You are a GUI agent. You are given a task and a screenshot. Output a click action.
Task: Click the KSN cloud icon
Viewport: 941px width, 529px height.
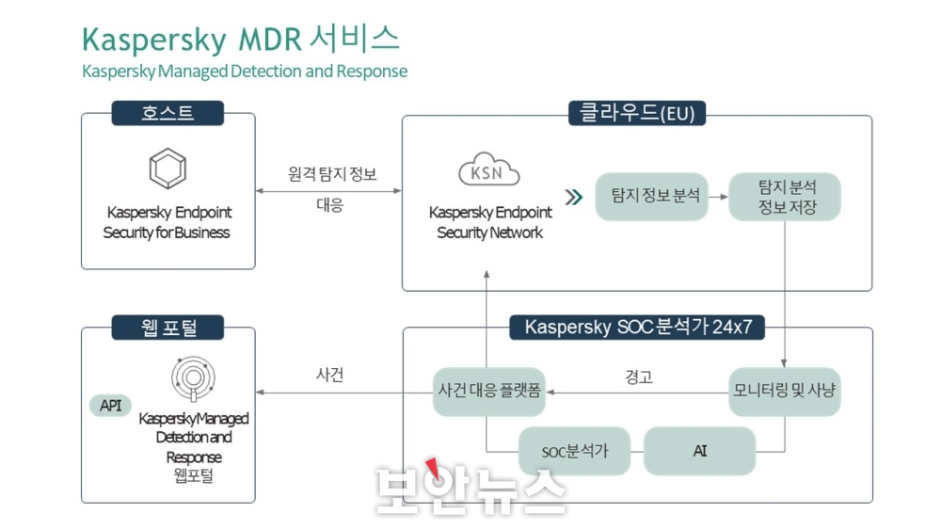point(489,169)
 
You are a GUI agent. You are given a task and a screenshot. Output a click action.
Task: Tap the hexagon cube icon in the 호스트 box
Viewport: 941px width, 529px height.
point(167,168)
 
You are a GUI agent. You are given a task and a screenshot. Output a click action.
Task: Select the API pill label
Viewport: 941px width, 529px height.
point(110,406)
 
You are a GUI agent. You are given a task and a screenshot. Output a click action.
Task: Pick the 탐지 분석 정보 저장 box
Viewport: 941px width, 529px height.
point(785,197)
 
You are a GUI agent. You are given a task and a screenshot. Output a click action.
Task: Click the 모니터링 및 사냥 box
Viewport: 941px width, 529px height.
point(785,392)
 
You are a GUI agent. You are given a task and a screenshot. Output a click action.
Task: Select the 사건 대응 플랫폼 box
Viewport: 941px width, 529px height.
point(489,392)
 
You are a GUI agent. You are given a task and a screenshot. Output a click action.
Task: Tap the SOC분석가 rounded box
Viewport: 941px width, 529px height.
point(574,451)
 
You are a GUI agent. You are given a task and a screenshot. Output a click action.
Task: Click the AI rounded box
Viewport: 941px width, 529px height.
point(700,451)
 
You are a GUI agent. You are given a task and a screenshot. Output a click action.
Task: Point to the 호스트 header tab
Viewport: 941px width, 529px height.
point(167,113)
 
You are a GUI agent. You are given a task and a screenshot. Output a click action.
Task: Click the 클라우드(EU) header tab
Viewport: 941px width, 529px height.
point(637,113)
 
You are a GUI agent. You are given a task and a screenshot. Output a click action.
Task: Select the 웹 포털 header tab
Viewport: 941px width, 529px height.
point(167,328)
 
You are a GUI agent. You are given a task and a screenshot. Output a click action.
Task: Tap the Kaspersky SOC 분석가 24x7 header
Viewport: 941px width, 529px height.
point(637,328)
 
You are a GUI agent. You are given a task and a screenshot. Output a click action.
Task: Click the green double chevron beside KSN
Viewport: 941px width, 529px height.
point(574,197)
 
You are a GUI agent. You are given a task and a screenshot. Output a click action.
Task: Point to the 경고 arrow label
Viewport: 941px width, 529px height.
point(639,377)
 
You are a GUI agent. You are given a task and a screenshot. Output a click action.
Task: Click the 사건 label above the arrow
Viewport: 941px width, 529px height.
point(329,375)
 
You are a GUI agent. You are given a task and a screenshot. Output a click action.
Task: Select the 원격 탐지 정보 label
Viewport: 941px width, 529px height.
point(332,174)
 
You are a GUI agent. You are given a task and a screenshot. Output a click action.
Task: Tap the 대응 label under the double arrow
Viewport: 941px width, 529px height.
point(329,205)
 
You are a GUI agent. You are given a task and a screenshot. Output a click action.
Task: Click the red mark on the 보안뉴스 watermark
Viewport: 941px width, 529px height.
point(433,469)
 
